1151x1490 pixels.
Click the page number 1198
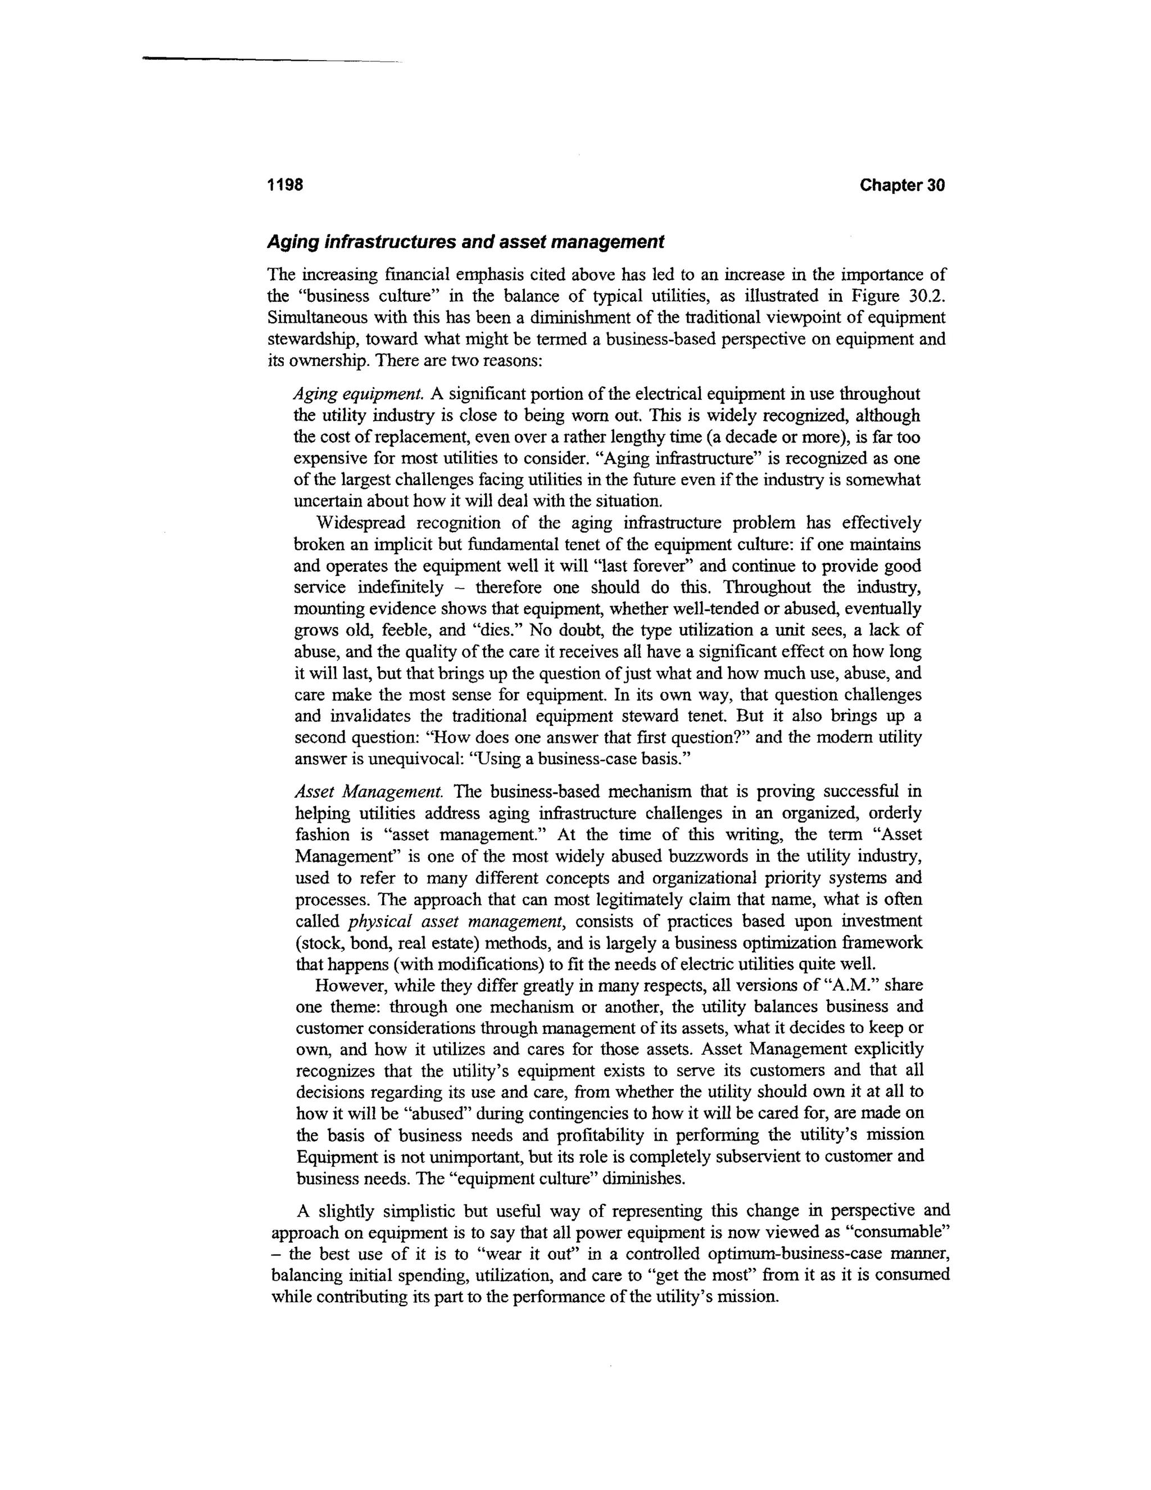[284, 185]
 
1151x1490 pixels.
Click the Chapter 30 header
[901, 185]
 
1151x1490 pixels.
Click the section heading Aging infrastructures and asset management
[464, 242]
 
